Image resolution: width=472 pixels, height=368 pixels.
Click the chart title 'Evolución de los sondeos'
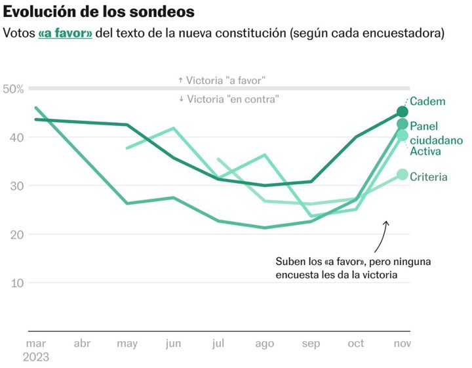click(99, 12)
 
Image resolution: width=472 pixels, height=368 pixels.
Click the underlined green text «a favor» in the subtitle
click(65, 33)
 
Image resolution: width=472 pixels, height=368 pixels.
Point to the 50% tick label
click(13, 89)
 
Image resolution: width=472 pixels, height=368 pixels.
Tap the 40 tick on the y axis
click(15, 137)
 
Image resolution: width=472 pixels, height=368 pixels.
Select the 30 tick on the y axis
click(15, 186)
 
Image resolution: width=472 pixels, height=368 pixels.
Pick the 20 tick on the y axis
click(15, 234)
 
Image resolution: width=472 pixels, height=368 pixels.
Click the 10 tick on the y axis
click(15, 283)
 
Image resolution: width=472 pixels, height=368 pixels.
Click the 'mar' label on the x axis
click(35, 343)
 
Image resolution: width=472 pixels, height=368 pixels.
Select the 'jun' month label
click(173, 343)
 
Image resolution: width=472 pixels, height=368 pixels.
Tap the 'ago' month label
click(264, 343)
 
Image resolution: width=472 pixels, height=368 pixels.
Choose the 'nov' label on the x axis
click(403, 343)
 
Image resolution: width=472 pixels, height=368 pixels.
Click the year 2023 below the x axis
click(37, 358)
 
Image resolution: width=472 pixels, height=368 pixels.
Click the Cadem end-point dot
click(403, 112)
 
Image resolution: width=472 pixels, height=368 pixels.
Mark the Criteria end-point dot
click(403, 174)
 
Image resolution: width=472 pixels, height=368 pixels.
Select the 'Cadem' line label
click(427, 102)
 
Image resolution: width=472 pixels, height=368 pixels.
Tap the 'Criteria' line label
click(429, 177)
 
